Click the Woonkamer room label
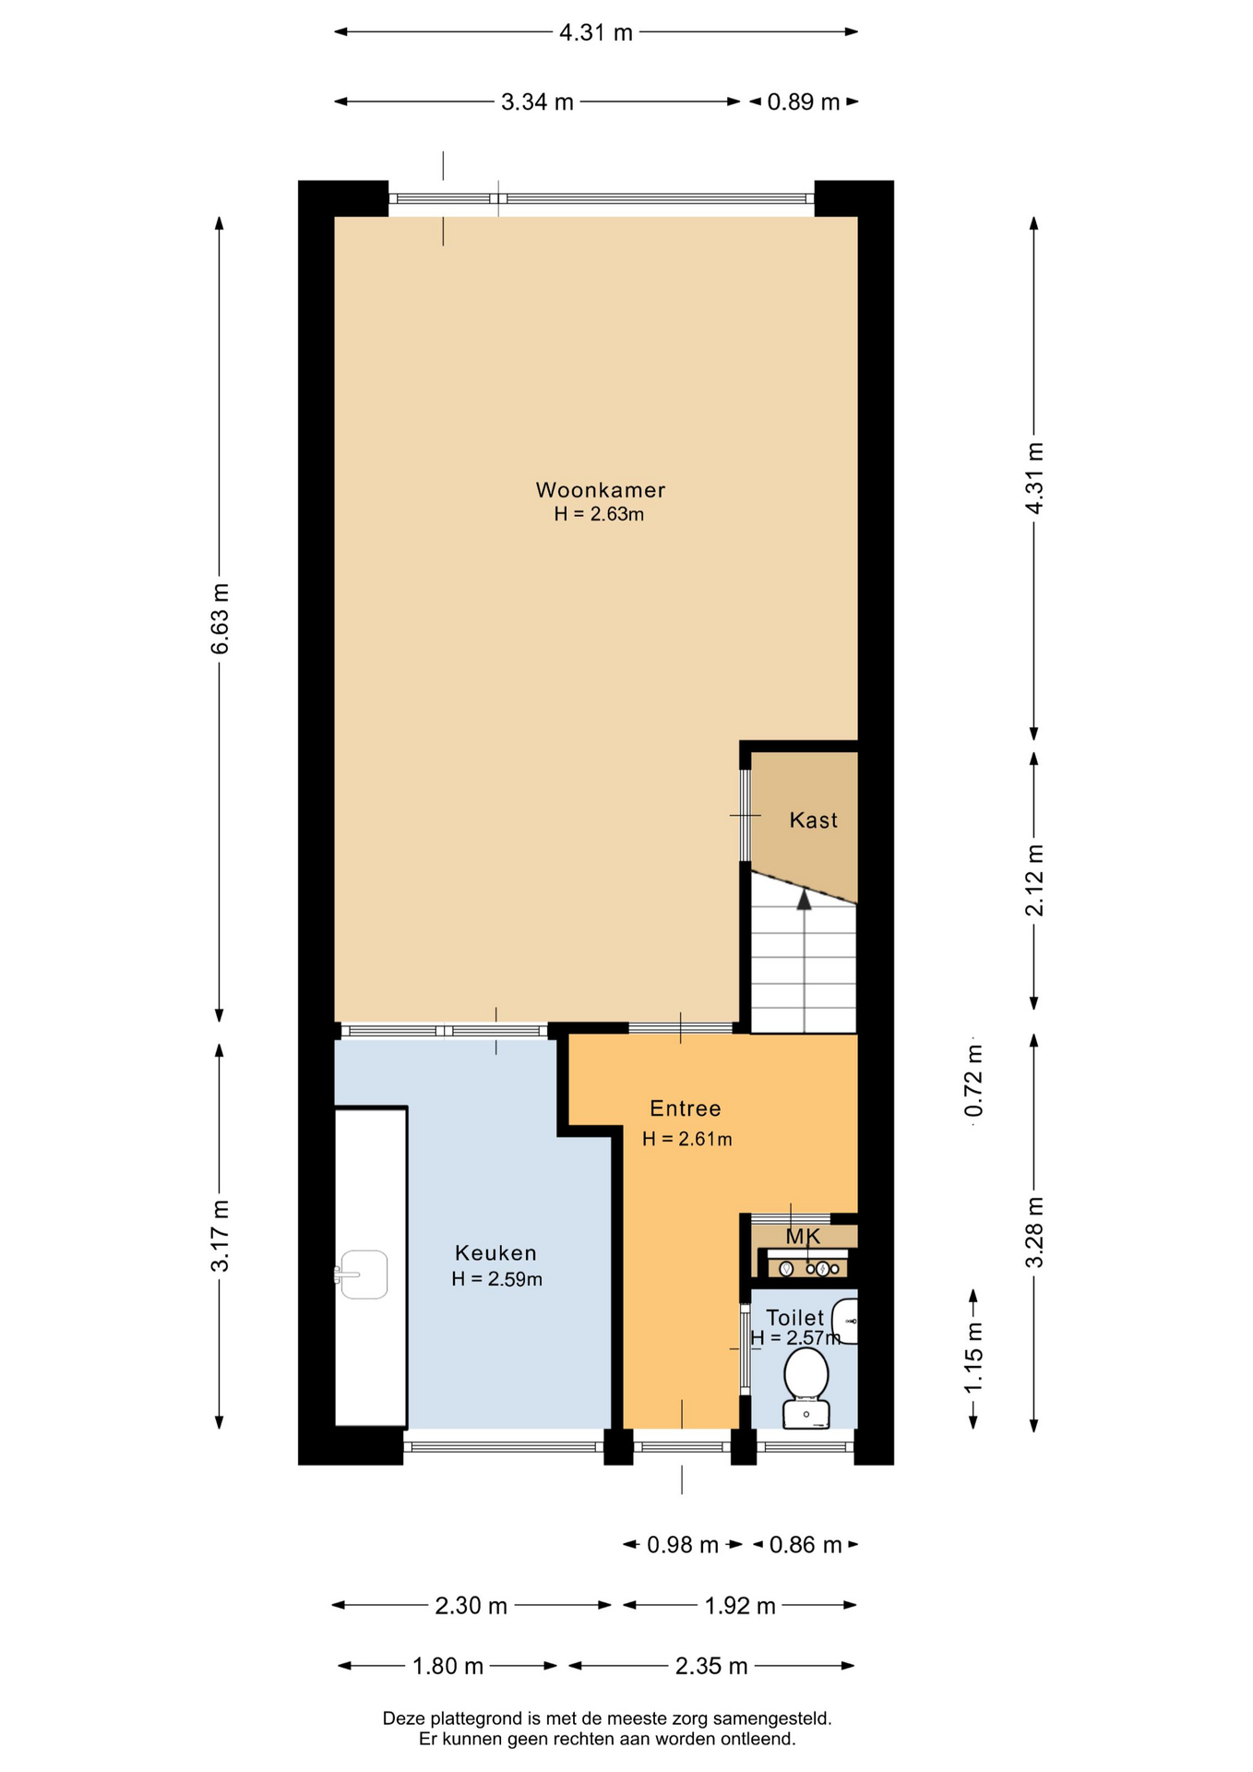601,490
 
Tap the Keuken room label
495,1252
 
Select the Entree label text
686,1108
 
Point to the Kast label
814,820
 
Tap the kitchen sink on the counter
362,1275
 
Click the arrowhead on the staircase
805,899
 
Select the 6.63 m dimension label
220,618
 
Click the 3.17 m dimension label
220,1236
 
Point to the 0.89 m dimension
804,102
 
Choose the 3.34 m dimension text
537,102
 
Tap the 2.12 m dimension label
1034,880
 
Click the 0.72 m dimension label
973,1081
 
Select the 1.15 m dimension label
973,1359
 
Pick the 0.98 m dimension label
683,1545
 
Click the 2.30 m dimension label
471,1606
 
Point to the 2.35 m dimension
711,1666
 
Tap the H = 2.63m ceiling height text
599,514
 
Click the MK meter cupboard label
803,1236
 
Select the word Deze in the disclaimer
402,1718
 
